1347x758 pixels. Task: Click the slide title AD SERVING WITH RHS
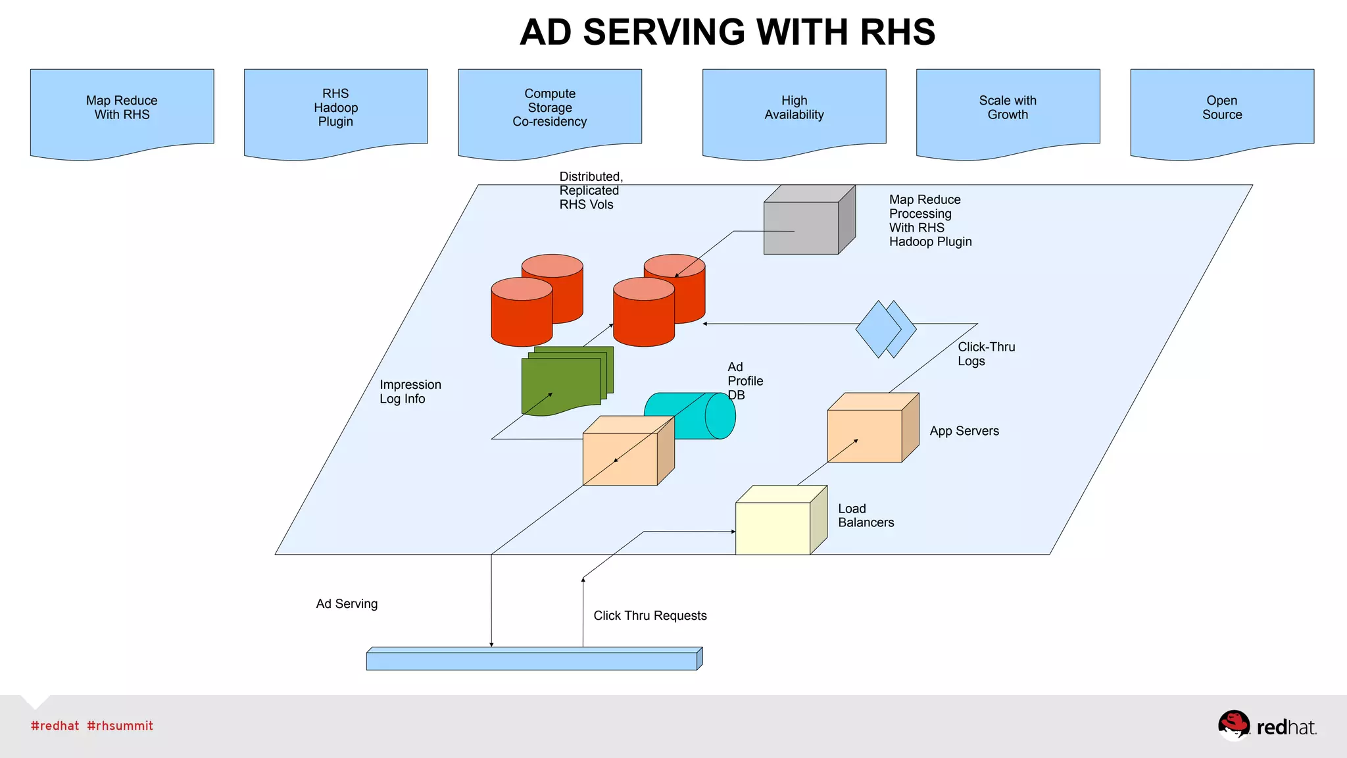(727, 32)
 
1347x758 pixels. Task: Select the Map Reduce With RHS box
(122, 109)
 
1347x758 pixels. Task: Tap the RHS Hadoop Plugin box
(335, 109)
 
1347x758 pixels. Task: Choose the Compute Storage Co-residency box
(550, 109)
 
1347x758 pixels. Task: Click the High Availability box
(794, 109)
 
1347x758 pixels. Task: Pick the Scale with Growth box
(1008, 109)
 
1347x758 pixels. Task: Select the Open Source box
(1222, 109)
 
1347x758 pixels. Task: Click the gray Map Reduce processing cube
(806, 224)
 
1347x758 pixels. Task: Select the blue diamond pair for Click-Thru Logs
(885, 329)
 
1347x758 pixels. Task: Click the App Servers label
(964, 431)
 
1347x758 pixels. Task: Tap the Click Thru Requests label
(650, 616)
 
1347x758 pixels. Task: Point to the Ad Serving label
(347, 604)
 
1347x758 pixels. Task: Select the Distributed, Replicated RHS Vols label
(590, 190)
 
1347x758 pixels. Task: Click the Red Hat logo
(1266, 726)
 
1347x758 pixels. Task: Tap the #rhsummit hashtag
(120, 726)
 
